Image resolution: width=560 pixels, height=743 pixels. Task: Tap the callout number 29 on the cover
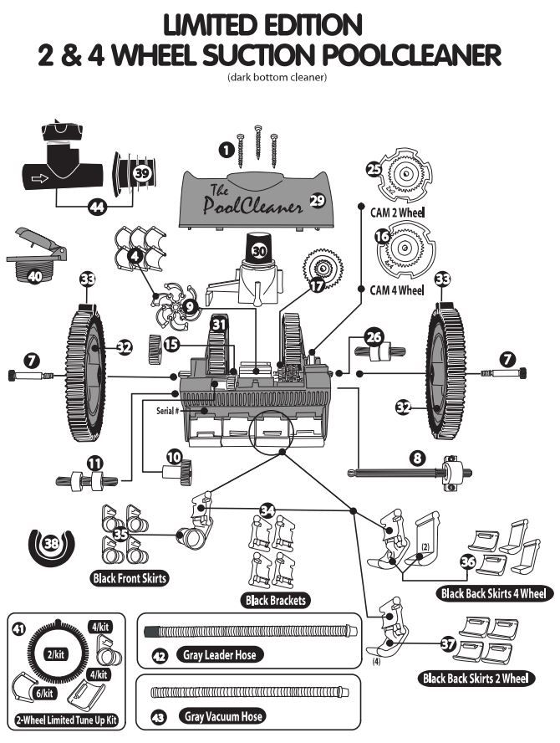tap(317, 199)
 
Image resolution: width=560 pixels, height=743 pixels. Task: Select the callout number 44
tap(99, 206)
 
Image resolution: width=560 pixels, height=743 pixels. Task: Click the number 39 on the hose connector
tap(142, 172)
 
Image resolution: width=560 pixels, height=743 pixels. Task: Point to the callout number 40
tap(34, 274)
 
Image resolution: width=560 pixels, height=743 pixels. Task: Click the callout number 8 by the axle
tap(417, 458)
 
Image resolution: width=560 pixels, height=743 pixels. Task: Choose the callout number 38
tap(52, 543)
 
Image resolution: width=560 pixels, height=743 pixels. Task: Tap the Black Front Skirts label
tap(128, 578)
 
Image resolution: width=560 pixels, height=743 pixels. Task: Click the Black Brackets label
tap(274, 600)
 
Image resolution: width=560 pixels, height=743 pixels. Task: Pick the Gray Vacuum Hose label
tap(223, 716)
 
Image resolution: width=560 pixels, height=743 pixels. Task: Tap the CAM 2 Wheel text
tap(397, 213)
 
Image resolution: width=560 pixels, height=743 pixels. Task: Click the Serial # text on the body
tap(168, 410)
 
